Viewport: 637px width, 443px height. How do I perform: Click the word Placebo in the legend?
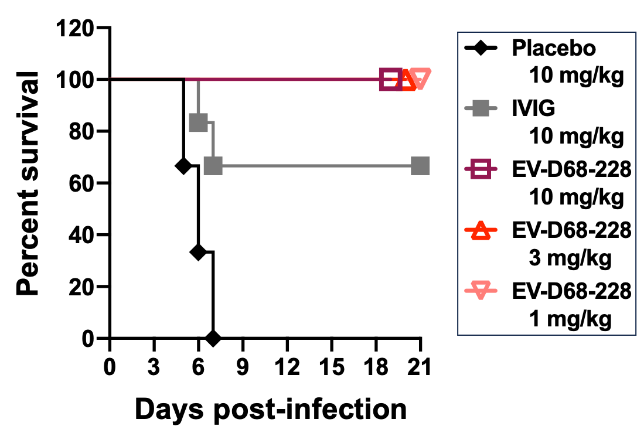coord(553,47)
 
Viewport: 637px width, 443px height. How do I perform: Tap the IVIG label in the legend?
coord(533,108)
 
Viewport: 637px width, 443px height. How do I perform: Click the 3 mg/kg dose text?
coord(570,258)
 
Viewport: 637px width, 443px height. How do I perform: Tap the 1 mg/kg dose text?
coord(570,319)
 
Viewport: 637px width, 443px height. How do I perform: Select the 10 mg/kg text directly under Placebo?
coord(576,76)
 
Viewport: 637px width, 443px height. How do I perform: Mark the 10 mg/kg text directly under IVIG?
coord(576,137)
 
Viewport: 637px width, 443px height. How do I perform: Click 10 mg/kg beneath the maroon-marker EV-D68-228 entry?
coord(576,197)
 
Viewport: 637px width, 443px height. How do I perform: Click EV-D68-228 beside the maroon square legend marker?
coord(571,170)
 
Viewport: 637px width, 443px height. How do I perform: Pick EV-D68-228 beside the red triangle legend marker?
coord(571,231)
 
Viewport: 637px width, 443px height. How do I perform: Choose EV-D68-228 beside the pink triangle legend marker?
coord(571,291)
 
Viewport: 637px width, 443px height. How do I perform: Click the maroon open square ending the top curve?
coord(390,79)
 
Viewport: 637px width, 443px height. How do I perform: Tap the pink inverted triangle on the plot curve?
coord(420,78)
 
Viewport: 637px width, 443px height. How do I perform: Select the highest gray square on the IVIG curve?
coord(198,123)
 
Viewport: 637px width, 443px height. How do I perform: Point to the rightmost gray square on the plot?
coord(420,166)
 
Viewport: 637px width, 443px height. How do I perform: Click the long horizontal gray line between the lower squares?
coord(316,166)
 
